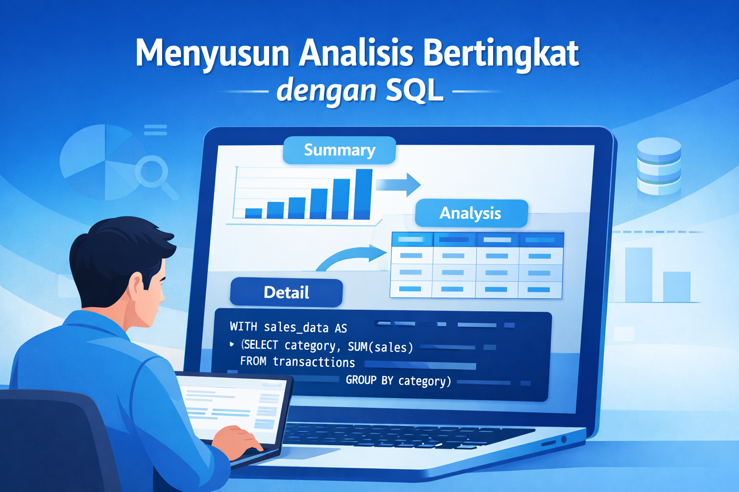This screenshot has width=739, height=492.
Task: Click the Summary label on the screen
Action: [x=339, y=150]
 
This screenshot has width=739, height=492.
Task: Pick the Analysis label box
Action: [x=471, y=213]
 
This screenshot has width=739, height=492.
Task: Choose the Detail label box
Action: [x=286, y=293]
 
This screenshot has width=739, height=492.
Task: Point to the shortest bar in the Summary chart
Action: [x=254, y=213]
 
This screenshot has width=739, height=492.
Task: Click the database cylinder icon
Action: [x=659, y=166]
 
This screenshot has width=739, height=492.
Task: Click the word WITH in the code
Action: [x=243, y=327]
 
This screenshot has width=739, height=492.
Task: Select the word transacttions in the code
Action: [x=314, y=362]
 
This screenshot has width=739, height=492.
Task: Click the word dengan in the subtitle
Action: [x=326, y=91]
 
